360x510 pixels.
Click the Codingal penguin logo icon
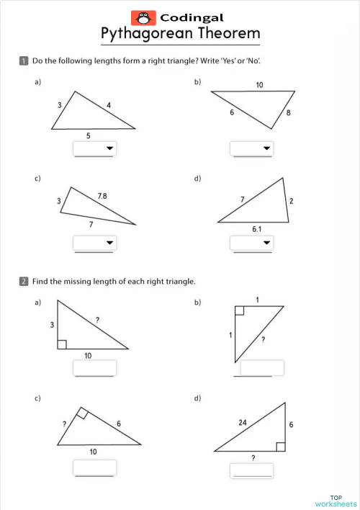[x=143, y=17]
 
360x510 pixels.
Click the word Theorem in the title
[x=224, y=34]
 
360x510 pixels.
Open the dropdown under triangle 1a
[x=94, y=149]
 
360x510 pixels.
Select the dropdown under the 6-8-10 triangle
[x=251, y=149]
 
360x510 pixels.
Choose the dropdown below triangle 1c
[x=94, y=243]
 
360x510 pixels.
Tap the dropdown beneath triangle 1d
[x=251, y=243]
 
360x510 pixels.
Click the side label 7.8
[x=102, y=196]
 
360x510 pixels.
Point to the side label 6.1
[x=258, y=228]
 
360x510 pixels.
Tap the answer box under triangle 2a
[x=94, y=368]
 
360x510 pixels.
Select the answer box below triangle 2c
[x=94, y=467]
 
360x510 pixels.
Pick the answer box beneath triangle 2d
[x=251, y=470]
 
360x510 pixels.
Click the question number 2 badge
[x=24, y=282]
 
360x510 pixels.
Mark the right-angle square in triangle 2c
[x=81, y=413]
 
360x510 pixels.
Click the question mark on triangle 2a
[x=96, y=318]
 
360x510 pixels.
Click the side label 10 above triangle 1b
[x=259, y=85]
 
